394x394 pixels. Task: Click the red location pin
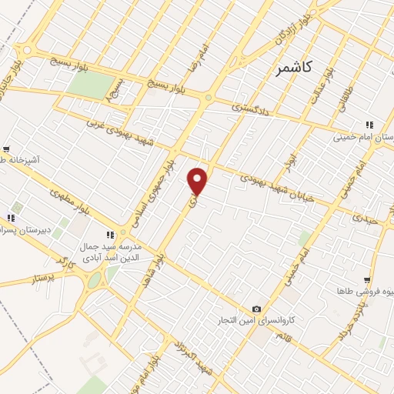198,182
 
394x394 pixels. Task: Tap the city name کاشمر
293,68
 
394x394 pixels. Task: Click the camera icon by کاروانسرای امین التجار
257,309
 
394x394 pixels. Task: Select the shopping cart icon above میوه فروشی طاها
368,280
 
